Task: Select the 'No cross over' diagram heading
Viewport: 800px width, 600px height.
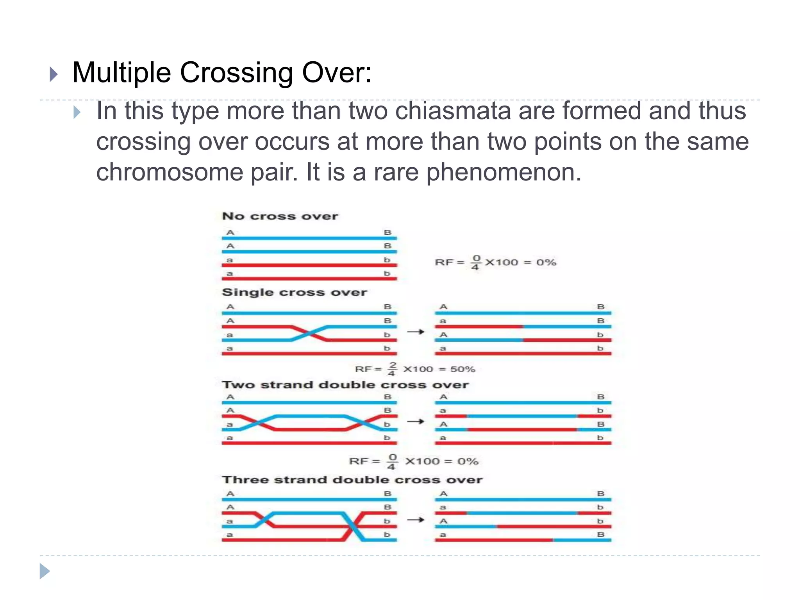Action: tap(280, 216)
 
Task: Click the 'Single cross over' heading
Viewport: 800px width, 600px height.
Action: tap(294, 293)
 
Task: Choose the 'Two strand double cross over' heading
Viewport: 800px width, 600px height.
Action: tap(345, 385)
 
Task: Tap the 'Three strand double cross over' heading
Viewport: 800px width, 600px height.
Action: tap(352, 480)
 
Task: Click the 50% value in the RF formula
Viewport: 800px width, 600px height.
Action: tap(462, 370)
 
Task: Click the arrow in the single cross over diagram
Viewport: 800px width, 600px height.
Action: tap(416, 332)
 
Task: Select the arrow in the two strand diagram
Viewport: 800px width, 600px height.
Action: tap(416, 421)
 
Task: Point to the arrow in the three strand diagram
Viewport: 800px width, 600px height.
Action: tap(416, 520)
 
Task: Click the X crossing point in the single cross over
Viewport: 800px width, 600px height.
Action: tap(310, 333)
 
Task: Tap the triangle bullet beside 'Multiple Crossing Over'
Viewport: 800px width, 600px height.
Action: tap(54, 74)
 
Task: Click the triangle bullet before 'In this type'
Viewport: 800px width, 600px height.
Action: tap(77, 112)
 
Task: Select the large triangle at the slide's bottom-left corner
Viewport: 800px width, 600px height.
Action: tap(45, 571)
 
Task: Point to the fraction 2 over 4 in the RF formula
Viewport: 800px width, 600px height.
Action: tap(392, 369)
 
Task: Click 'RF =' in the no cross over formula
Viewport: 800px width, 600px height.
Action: tap(449, 262)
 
